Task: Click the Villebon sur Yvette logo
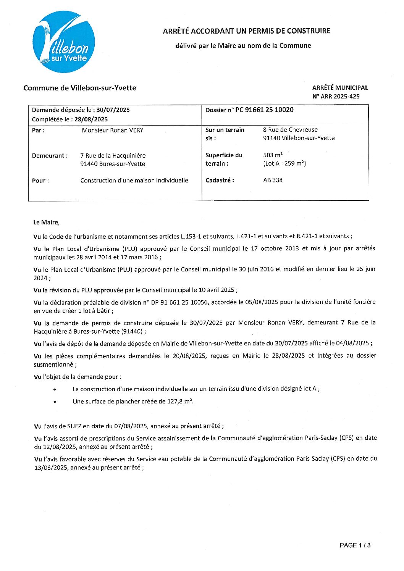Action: [x=64, y=42]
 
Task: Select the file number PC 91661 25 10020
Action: [x=264, y=110]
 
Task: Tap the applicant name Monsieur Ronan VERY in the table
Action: [x=113, y=130]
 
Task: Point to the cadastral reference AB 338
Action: [x=273, y=180]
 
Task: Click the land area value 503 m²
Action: [x=273, y=155]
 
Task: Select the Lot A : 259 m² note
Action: [x=284, y=164]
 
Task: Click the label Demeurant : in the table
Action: [x=50, y=156]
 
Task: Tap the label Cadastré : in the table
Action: [x=220, y=180]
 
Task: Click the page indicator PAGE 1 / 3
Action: [x=355, y=545]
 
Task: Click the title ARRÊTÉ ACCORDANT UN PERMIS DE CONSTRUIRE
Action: [x=246, y=31]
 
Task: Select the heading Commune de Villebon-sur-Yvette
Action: [x=79, y=88]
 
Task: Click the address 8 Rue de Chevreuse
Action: [x=290, y=130]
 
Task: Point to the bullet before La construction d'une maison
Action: [x=55, y=390]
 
